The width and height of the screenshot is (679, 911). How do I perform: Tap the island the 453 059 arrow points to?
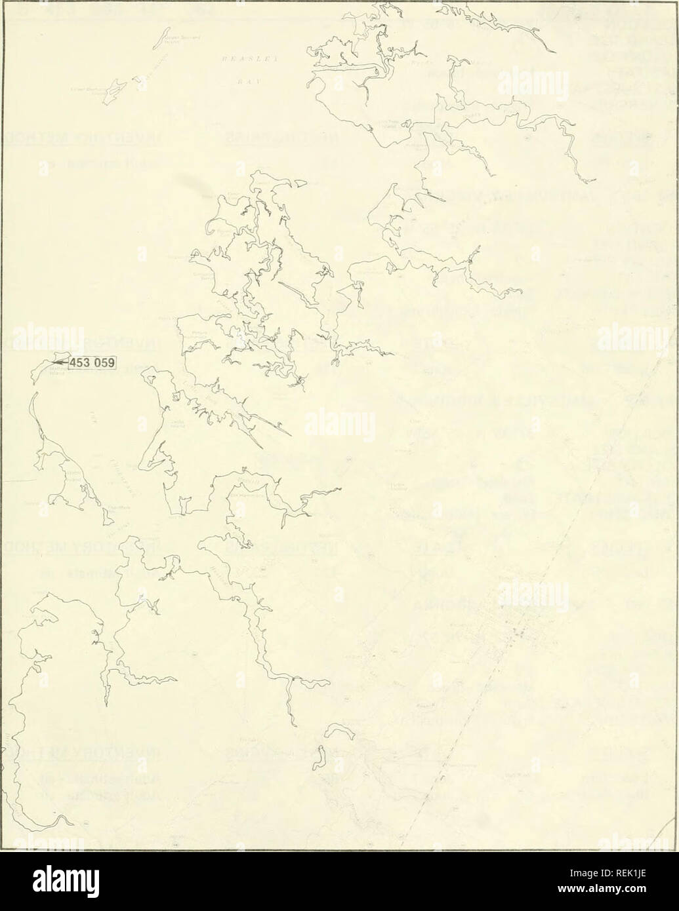45,370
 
